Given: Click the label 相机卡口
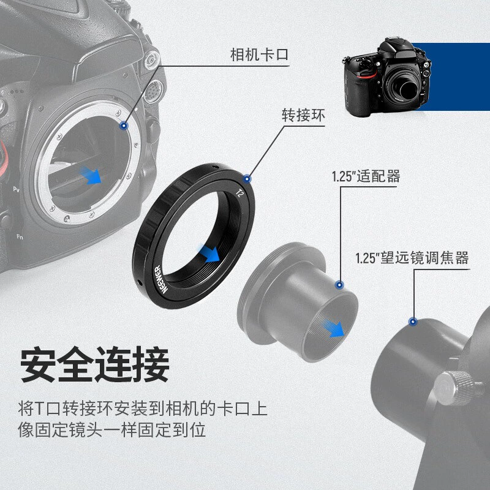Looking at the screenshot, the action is pos(259,55).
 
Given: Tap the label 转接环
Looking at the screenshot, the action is pos(303,115).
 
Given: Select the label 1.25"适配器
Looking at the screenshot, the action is pos(366,176).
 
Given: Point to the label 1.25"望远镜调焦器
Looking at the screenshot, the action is pos(412,258).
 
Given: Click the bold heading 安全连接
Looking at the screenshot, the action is pos(95,364).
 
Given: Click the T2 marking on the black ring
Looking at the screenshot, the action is pos(239,194).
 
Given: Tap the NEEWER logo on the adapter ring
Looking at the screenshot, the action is pos(162,279).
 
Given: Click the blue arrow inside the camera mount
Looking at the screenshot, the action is pos(91,176).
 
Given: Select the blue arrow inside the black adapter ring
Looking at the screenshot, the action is pos(209,253).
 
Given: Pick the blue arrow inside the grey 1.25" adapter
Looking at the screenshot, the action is pos(334,328).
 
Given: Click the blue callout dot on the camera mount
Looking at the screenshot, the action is pos(124,126).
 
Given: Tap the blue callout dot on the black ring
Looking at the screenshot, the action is pos(247,179).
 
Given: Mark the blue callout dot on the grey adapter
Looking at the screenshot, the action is pos(339,285).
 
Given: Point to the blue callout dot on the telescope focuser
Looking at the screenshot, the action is pos(413,321).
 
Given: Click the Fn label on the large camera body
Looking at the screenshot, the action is pos(20,237).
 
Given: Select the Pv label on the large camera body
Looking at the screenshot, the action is pos(17,189).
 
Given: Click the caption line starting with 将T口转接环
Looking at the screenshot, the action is pos(143,409).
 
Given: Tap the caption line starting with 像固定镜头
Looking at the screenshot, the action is pos(112,430).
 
